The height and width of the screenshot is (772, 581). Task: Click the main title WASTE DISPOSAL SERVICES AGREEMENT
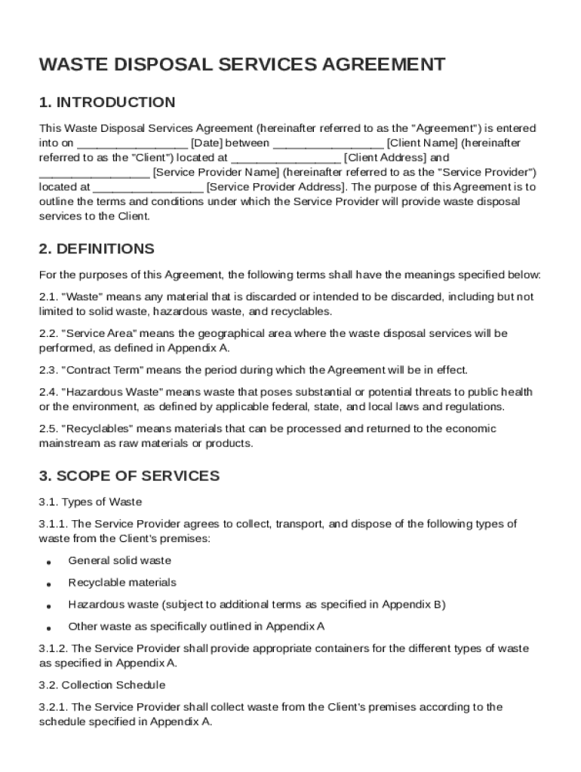(x=241, y=65)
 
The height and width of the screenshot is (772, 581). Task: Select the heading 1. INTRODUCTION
(x=107, y=103)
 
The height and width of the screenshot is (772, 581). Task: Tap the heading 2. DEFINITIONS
(x=97, y=249)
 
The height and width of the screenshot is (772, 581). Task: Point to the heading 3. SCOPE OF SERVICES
(x=129, y=476)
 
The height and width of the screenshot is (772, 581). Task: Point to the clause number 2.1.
(x=48, y=297)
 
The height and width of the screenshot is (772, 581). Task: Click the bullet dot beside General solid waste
(x=48, y=562)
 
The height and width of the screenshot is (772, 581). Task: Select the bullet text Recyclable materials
(x=122, y=583)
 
